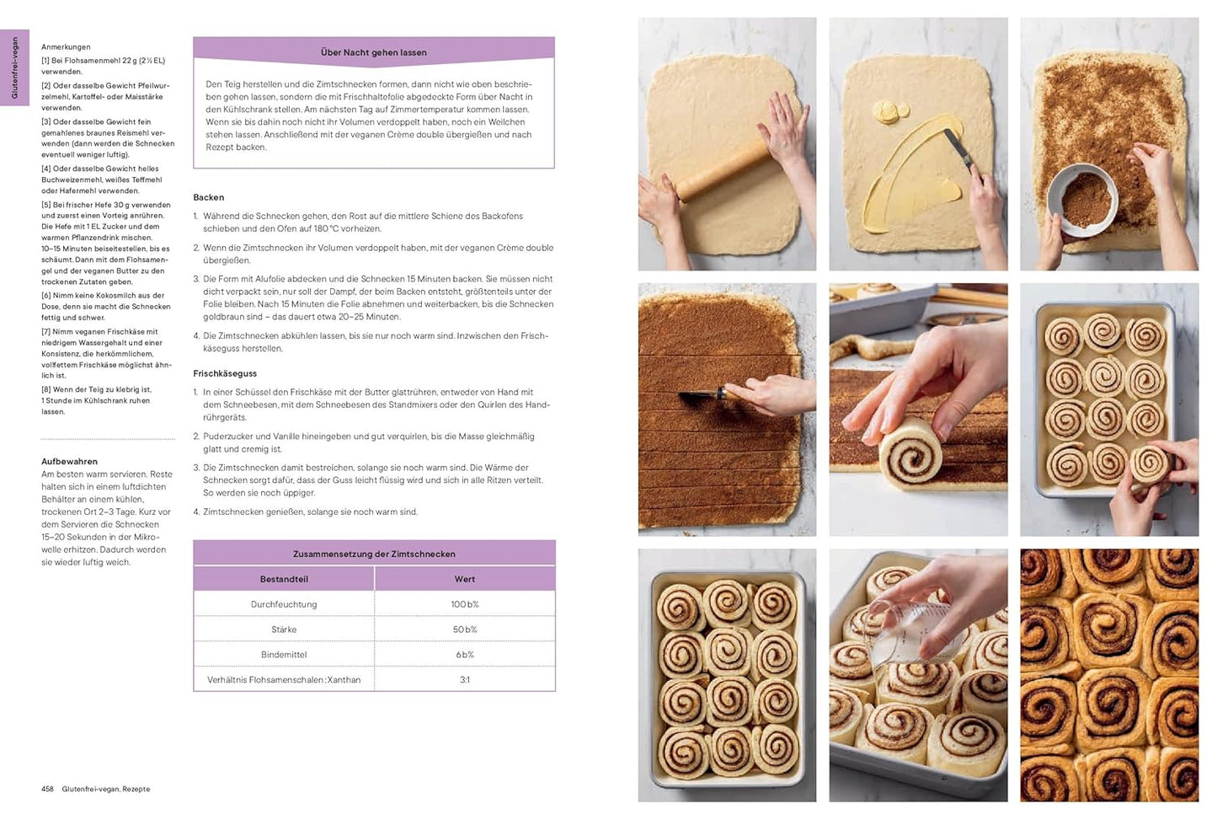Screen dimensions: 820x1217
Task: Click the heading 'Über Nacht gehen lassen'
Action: click(373, 52)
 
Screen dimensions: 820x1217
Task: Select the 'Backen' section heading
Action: click(209, 197)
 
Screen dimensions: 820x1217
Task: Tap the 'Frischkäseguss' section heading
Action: click(225, 373)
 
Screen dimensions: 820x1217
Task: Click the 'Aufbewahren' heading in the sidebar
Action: click(69, 462)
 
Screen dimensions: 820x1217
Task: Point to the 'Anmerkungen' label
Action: click(66, 47)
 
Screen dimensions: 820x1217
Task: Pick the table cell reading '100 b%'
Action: click(464, 604)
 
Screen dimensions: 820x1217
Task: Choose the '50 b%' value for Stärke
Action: click(464, 630)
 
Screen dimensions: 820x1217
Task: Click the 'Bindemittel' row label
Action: click(284, 655)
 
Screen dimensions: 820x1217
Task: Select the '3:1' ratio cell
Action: click(464, 680)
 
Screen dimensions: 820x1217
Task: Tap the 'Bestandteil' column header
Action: click(284, 579)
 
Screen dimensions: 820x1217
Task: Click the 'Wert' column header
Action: click(464, 579)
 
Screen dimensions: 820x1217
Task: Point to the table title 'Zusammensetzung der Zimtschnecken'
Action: click(374, 554)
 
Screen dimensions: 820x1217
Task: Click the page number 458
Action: click(47, 790)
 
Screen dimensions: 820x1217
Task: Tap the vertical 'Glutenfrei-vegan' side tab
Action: click(14, 68)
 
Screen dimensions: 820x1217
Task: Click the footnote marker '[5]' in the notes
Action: click(46, 205)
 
